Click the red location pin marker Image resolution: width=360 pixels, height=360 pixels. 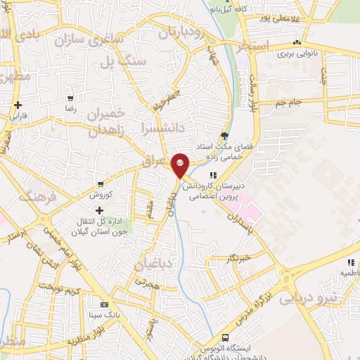(x=180, y=166)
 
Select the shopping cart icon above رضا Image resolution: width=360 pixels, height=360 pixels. (x=70, y=99)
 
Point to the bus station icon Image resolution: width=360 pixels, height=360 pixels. (x=225, y=337)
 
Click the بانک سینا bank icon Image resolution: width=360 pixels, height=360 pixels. (x=105, y=305)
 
